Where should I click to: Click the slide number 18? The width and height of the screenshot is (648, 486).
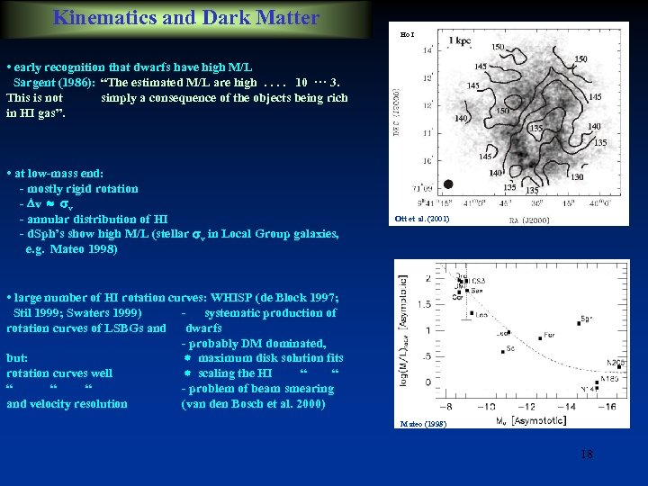pyautogui.click(x=586, y=454)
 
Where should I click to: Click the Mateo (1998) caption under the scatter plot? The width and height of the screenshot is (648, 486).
pyautogui.click(x=421, y=423)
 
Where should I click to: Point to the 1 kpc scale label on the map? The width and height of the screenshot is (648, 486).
pyautogui.click(x=458, y=40)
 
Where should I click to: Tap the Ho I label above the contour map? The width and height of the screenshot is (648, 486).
pyautogui.click(x=407, y=33)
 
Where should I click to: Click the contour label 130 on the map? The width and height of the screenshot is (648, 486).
pyautogui.click(x=577, y=177)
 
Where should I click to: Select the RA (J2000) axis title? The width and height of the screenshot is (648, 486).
pyautogui.click(x=523, y=219)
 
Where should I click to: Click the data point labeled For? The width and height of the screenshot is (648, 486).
pyautogui.click(x=540, y=337)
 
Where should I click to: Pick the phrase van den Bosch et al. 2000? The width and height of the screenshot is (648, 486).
pyautogui.click(x=253, y=404)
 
